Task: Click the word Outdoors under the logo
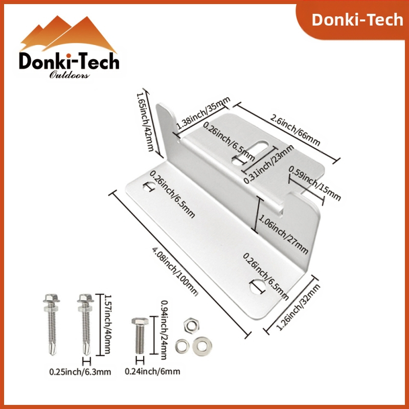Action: tap(70, 76)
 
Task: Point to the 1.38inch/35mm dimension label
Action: tap(203, 113)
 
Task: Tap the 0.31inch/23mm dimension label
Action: tap(268, 163)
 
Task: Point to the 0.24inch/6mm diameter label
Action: tap(152, 372)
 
